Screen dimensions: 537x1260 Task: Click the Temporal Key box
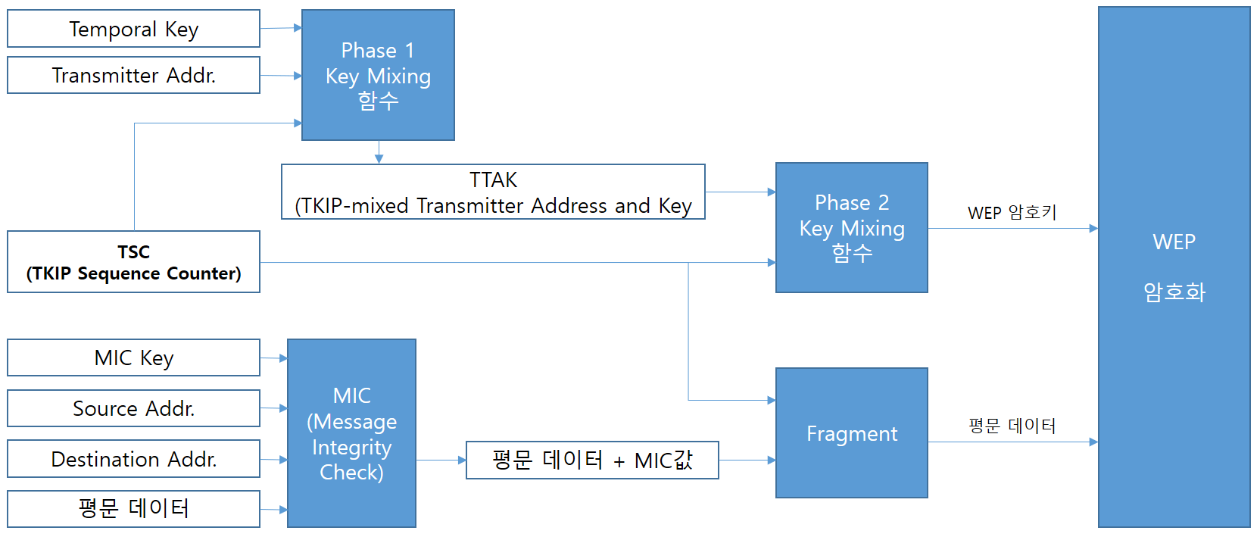click(133, 29)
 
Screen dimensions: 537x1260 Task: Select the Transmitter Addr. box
click(133, 75)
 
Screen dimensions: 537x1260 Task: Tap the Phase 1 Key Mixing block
click(378, 75)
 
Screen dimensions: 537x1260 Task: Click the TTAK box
click(493, 192)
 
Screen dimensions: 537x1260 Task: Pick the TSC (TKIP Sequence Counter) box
click(133, 262)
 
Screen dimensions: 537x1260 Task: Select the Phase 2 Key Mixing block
click(851, 227)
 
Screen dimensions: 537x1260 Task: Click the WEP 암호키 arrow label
click(1012, 213)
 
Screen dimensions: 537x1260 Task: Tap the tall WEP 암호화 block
click(1174, 267)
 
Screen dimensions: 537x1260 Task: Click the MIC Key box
click(133, 357)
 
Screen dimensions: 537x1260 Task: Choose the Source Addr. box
click(133, 408)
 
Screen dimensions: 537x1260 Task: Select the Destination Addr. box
click(133, 459)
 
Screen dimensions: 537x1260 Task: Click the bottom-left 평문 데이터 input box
click(133, 508)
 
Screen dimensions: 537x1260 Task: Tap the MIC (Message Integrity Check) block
click(351, 433)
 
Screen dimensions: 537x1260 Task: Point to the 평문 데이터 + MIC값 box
click(592, 460)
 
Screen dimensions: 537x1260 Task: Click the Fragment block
click(851, 433)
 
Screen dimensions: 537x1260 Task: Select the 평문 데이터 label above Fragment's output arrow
click(1012, 426)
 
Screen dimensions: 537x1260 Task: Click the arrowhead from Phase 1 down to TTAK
click(379, 159)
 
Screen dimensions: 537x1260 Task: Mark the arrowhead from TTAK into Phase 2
click(771, 192)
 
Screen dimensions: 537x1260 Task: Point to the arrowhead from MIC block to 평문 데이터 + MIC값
click(462, 460)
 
